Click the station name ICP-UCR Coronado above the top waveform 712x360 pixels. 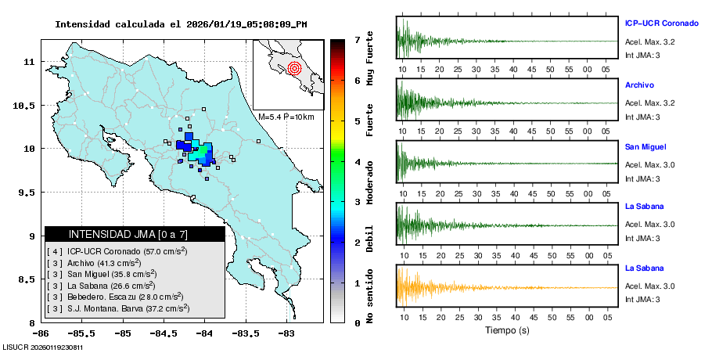point(660,23)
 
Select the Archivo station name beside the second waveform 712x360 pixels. point(639,85)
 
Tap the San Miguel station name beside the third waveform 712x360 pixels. point(646,146)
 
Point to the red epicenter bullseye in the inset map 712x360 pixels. point(294,68)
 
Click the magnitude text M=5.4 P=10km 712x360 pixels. point(286,117)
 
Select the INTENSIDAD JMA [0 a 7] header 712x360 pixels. point(135,234)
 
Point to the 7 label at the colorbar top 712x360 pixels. point(357,39)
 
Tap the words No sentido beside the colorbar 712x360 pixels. point(370,296)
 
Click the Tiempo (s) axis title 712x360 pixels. point(507,330)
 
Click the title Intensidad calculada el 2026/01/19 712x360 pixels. point(181,24)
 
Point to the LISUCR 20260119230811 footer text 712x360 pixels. point(43,347)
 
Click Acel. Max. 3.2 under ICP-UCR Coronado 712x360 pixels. point(649,41)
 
